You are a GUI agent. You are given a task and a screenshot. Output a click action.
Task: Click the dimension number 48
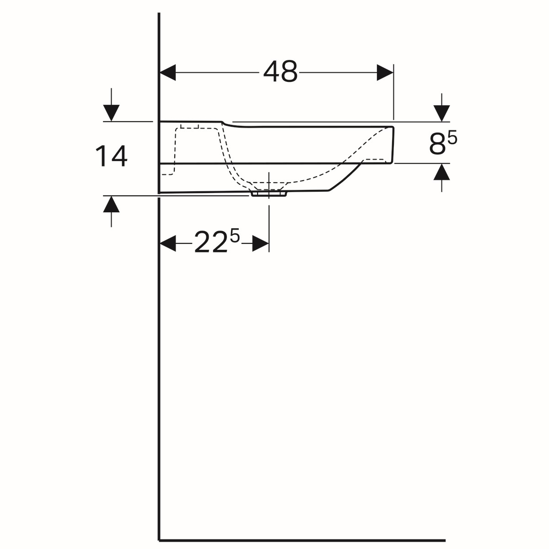(280, 72)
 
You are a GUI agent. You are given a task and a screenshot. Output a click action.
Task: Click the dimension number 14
(111, 156)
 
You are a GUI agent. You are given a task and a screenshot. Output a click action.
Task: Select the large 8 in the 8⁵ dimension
(437, 145)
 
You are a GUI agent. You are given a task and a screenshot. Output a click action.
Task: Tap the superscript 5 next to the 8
(452, 138)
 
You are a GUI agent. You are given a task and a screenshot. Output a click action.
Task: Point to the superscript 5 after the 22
(235, 236)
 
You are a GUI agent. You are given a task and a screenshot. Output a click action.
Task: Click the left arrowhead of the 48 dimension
(168, 72)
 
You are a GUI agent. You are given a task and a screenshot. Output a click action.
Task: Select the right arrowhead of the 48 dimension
(385, 72)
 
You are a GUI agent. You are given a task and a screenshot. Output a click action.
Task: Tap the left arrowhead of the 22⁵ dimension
(168, 243)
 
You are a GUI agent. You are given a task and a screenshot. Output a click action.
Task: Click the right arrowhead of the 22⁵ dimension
(261, 243)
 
